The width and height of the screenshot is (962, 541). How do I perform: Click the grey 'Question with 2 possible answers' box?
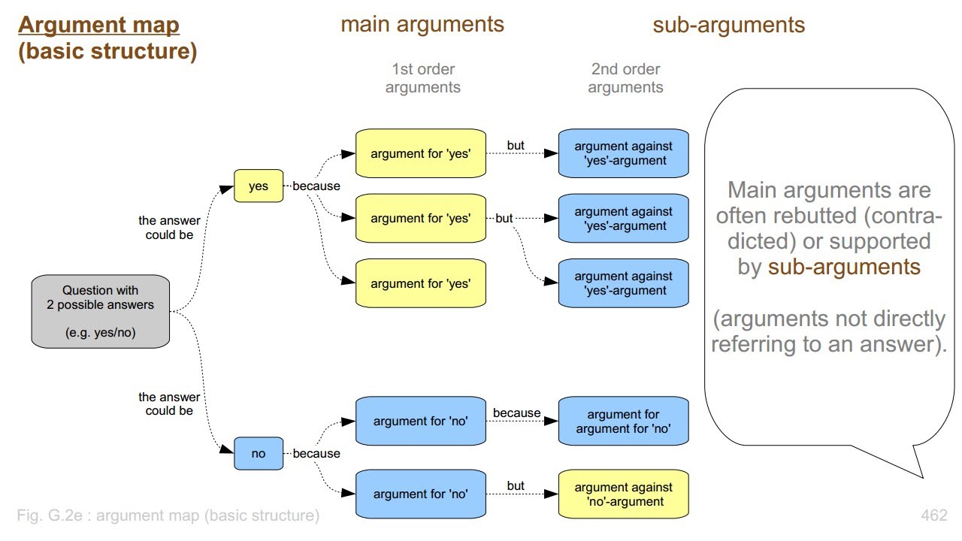[x=100, y=311]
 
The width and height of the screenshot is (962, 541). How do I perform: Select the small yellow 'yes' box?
[x=259, y=186]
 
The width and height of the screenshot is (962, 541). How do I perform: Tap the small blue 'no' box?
[x=259, y=453]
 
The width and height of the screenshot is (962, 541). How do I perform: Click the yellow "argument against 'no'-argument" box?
[x=623, y=494]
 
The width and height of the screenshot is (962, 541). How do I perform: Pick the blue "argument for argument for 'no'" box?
[x=623, y=422]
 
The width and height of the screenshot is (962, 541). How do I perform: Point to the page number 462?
[x=933, y=515]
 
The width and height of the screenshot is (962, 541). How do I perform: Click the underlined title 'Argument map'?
[x=98, y=25]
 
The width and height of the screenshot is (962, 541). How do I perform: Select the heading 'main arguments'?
[x=422, y=24]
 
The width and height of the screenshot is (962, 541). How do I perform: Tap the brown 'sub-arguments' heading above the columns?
[x=728, y=25]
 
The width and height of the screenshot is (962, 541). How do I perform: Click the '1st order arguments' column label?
[x=422, y=78]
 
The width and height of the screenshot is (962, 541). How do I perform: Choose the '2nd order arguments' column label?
[x=625, y=78]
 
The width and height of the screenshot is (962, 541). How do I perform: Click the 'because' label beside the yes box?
[x=316, y=186]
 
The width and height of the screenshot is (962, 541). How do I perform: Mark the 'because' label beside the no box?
[x=316, y=453]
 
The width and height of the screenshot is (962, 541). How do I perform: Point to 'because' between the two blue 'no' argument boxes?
[x=516, y=413]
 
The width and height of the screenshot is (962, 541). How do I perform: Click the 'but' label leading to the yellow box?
[x=516, y=485]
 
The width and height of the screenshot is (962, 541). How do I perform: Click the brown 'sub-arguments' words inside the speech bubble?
[x=844, y=267]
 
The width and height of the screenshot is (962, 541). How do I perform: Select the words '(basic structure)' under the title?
[x=107, y=53]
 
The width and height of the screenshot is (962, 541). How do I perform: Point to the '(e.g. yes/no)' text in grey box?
[x=100, y=333]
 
